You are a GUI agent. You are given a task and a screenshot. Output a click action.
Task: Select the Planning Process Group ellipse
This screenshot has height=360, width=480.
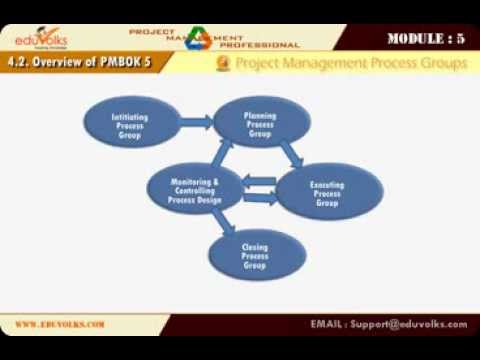pos(261,123)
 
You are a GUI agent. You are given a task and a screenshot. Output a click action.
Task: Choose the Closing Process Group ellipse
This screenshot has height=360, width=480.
pos(255,254)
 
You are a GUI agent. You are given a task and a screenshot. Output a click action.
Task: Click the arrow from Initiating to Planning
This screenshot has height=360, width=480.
pos(196,122)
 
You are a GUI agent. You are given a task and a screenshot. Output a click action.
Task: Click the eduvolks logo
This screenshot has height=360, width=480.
pos(47,38)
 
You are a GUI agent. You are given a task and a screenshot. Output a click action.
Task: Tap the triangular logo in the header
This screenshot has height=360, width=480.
pos(199,37)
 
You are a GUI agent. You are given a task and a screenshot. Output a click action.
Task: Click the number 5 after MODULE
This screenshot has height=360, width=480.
pos(460,39)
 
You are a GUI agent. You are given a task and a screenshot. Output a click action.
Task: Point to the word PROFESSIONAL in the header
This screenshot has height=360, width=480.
pos(259,45)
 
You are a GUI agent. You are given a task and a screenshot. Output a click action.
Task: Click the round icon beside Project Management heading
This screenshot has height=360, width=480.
pos(224,64)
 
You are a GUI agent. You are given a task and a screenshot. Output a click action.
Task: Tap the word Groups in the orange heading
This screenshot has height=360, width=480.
pos(440,64)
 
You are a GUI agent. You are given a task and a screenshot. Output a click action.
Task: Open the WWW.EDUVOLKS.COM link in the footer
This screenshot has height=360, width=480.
pos(60,324)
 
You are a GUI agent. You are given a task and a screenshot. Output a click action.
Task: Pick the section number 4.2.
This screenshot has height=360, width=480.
pos(20,63)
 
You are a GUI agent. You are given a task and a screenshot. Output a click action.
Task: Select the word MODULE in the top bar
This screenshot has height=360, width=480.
pos(416,39)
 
